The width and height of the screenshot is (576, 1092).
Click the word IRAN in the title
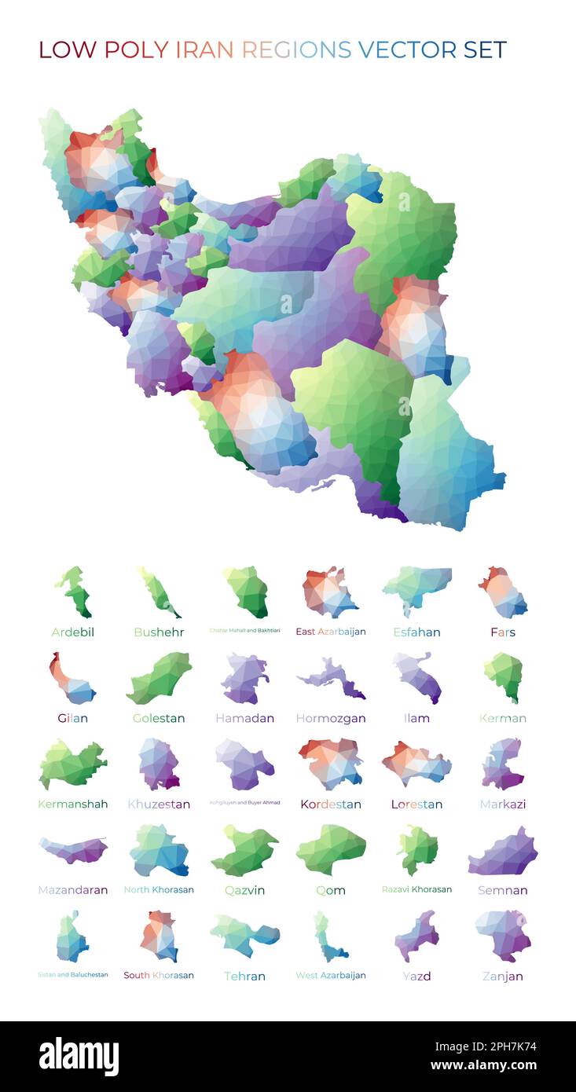(x=204, y=50)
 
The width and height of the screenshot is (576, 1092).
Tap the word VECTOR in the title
(x=406, y=50)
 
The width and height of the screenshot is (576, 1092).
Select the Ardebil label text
(x=72, y=632)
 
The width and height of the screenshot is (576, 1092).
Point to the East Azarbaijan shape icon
(x=329, y=592)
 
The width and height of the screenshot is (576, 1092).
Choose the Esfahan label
(x=416, y=632)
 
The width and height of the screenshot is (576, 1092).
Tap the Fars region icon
(x=503, y=592)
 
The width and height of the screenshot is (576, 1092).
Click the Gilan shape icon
(x=72, y=679)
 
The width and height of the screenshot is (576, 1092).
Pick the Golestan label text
(x=159, y=718)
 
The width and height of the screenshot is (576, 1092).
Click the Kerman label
(x=503, y=718)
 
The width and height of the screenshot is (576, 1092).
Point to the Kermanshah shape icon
(x=72, y=764)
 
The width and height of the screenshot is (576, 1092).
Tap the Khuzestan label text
(x=159, y=804)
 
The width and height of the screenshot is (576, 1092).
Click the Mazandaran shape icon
(x=73, y=850)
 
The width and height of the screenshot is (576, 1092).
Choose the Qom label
(x=331, y=891)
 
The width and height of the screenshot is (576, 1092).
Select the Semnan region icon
(x=503, y=852)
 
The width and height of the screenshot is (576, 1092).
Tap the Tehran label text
(x=244, y=977)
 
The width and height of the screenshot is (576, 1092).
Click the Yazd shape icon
(x=416, y=936)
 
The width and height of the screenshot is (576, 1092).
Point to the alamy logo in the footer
(x=79, y=1057)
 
